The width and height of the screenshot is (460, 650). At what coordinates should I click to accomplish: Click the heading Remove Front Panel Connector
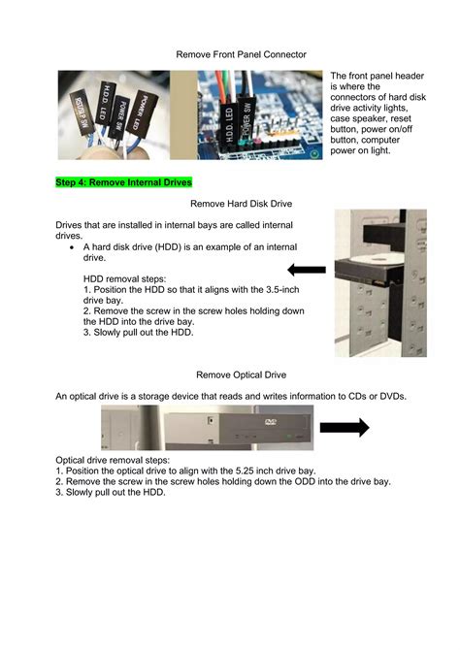click(x=241, y=55)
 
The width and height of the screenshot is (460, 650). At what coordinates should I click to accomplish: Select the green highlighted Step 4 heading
click(x=124, y=181)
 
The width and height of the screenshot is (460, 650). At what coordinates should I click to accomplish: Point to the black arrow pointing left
click(x=307, y=270)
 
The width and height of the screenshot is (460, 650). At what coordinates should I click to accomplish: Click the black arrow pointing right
click(x=345, y=428)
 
